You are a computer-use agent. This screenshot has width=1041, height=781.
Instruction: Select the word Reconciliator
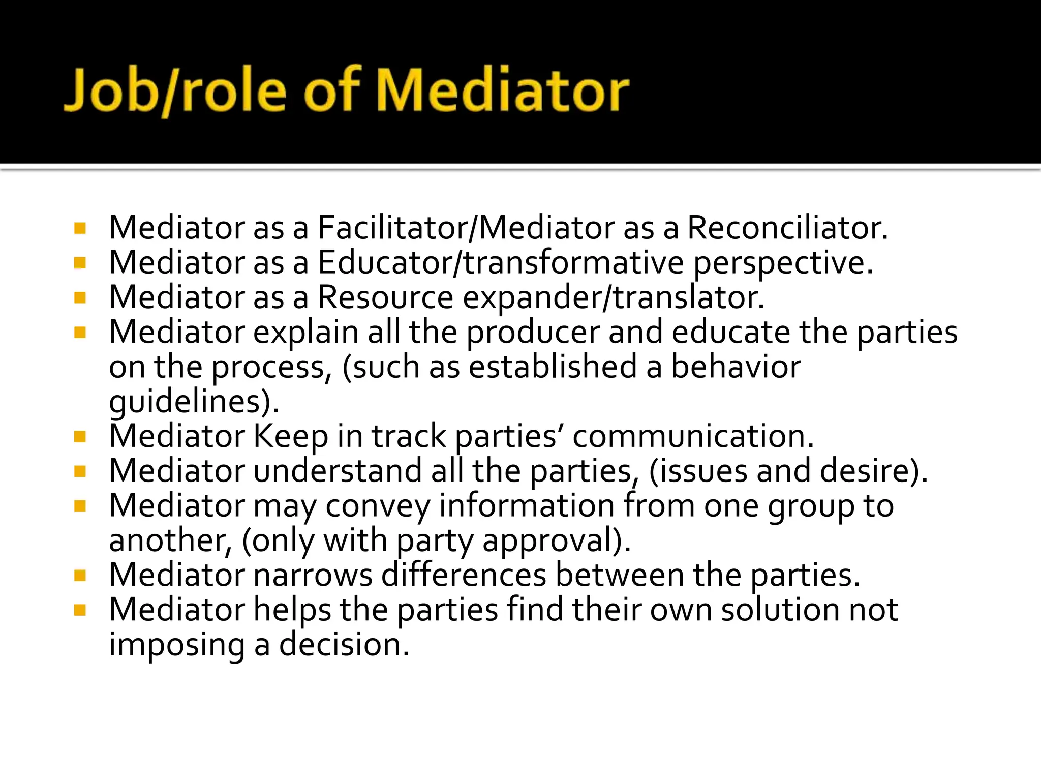click(787, 227)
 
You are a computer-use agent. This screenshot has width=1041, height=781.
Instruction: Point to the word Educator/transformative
click(501, 262)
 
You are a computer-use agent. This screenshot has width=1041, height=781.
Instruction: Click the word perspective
click(783, 263)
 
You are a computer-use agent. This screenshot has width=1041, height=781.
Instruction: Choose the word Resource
click(385, 297)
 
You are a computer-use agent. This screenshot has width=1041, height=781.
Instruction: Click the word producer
click(533, 333)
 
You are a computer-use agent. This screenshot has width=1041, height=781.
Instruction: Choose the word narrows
click(313, 575)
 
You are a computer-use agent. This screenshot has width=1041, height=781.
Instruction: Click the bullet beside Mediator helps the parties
click(80, 610)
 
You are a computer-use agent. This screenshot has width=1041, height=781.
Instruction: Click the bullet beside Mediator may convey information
click(80, 505)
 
